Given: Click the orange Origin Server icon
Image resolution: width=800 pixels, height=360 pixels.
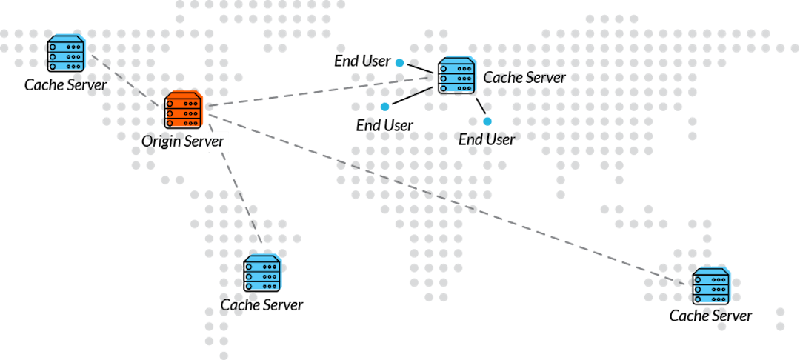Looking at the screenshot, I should pyautogui.click(x=183, y=111).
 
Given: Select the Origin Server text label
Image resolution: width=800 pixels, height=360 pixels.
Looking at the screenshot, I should pyautogui.click(x=175, y=141).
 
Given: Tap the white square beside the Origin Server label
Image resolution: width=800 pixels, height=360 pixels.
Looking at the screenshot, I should pyautogui.click(x=219, y=142).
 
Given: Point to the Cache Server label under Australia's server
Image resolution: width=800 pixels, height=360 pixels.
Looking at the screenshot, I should pyautogui.click(x=710, y=316).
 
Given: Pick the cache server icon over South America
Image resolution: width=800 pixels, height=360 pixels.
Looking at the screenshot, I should pyautogui.click(x=262, y=273).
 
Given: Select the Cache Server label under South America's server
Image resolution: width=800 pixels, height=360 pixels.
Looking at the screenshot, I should pyautogui.click(x=261, y=304).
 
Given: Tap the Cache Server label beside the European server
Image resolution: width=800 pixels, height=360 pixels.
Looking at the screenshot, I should pyautogui.click(x=524, y=78).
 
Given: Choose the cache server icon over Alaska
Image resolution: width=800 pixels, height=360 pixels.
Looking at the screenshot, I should pyautogui.click(x=66, y=53).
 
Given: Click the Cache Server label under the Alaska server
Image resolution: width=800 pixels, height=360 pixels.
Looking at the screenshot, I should pyautogui.click(x=65, y=84).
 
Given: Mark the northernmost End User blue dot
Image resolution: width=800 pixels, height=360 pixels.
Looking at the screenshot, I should pyautogui.click(x=399, y=63).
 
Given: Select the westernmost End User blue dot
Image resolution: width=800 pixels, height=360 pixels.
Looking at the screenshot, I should pyautogui.click(x=385, y=107).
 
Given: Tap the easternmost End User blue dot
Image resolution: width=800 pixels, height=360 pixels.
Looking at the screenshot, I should pyautogui.click(x=487, y=121).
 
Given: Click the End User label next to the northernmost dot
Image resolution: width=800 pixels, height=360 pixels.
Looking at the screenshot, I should pyautogui.click(x=362, y=61).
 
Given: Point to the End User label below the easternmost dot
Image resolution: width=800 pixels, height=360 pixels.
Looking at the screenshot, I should pyautogui.click(x=486, y=139).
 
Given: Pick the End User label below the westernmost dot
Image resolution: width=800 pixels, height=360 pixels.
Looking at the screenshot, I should pyautogui.click(x=384, y=125).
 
